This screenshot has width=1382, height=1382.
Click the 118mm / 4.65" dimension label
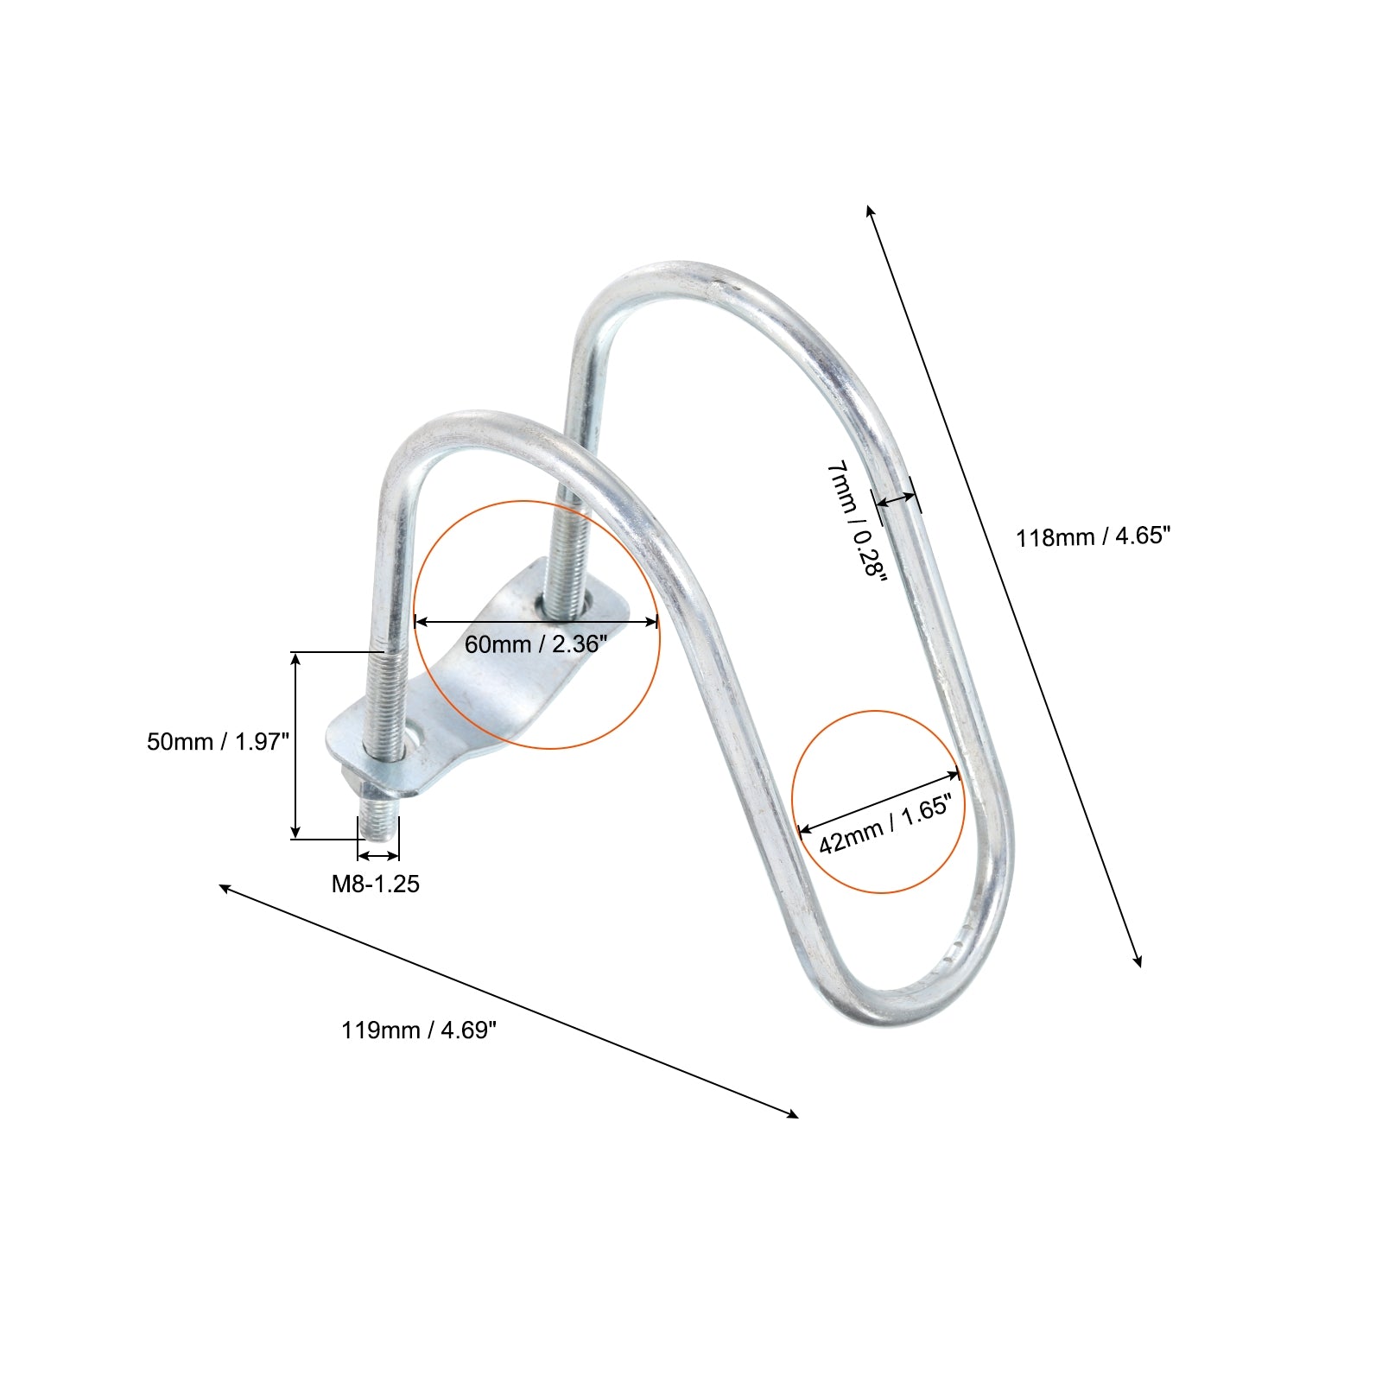pos(1093,536)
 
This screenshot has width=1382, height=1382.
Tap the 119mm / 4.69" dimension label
pos(419,1030)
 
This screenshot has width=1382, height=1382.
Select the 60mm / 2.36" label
pos(536,643)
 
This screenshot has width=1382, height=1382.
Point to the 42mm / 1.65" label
pos(885,825)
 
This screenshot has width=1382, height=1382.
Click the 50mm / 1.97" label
pos(218,741)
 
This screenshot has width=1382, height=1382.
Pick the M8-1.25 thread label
pos(376,884)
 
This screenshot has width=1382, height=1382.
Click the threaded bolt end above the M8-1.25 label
pos(378,821)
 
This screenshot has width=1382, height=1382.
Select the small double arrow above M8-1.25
pos(378,855)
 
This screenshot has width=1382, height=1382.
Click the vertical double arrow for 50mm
pos(296,745)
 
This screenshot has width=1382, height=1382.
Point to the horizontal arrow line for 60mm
pos(536,620)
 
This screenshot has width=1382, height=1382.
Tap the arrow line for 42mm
pos(878,802)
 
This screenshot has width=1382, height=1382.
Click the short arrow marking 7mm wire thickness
pos(896,499)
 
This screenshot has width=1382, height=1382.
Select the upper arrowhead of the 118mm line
pos(870,211)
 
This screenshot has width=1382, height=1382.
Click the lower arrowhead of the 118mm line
pos(1138,960)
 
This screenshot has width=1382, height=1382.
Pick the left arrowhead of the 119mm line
pos(225,888)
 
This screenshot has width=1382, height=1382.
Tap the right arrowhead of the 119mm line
pos(792,1114)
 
